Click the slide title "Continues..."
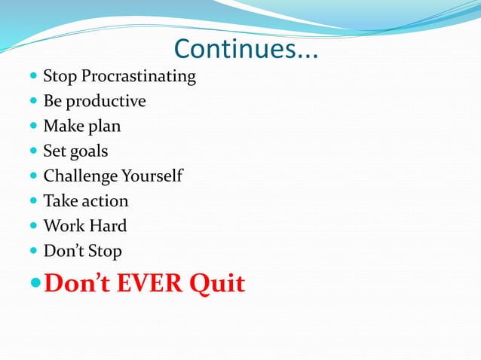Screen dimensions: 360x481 click(x=246, y=50)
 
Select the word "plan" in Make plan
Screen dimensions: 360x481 click(x=105, y=127)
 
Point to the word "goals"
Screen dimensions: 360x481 click(x=89, y=151)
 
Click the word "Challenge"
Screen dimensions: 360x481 click(x=80, y=176)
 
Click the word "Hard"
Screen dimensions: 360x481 click(x=109, y=226)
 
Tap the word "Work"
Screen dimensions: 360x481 click(x=64, y=226)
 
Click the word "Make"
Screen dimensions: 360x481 click(x=63, y=127)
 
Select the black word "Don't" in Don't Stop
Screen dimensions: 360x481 click(x=63, y=251)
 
